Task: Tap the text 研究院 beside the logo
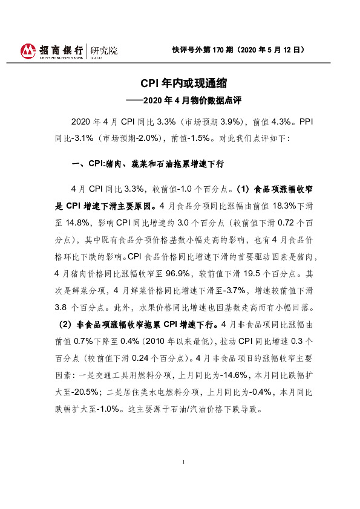pyautogui.click(x=103, y=51)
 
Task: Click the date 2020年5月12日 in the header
pyautogui.click(x=273, y=50)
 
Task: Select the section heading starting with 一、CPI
pyautogui.click(x=149, y=163)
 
